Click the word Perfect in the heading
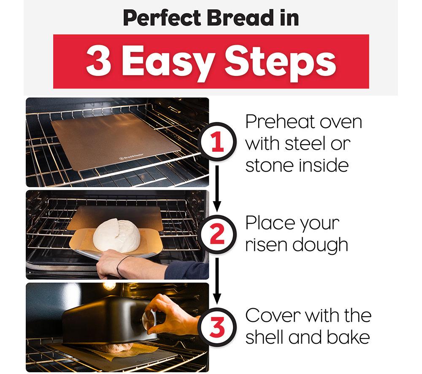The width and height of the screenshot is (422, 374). (x=162, y=18)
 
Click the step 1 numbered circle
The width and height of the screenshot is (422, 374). (x=217, y=142)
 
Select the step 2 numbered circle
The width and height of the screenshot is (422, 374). (x=217, y=234)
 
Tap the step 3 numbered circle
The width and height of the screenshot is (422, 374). (x=217, y=327)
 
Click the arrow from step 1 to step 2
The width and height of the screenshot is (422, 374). (x=217, y=188)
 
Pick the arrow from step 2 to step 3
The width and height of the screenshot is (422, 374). (x=217, y=281)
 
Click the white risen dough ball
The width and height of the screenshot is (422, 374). (x=116, y=235)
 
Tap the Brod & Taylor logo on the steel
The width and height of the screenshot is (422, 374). (x=131, y=157)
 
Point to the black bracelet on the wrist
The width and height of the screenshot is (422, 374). (x=122, y=265)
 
